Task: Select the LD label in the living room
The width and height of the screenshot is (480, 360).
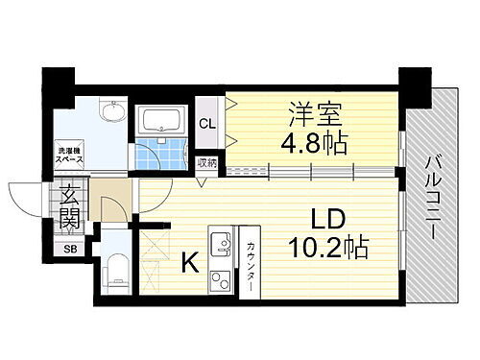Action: (326, 218)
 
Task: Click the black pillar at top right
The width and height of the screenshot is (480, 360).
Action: (416, 86)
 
